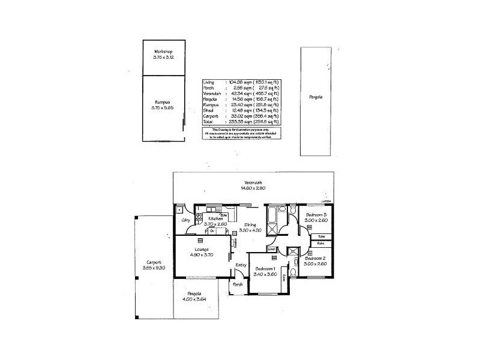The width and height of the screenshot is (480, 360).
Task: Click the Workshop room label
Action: tap(163, 52)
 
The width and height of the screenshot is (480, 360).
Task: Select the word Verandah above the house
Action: tap(253, 182)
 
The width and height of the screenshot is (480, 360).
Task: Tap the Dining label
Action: tap(251, 224)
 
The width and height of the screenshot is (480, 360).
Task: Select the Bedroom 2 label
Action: tap(315, 258)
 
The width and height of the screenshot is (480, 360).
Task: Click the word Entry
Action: tap(241, 265)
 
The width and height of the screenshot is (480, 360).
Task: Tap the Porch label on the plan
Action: tap(238, 284)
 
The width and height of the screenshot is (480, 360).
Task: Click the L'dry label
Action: tap(185, 220)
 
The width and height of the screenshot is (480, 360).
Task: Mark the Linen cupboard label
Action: tap(272, 248)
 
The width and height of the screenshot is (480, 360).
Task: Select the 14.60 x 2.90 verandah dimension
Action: tap(253, 188)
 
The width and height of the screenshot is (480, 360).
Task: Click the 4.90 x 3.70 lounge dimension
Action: tap(202, 254)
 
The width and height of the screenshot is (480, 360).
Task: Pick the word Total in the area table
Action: tap(209, 121)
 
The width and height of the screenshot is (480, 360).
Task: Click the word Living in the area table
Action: tap(209, 82)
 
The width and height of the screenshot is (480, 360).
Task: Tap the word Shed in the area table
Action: tap(208, 110)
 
